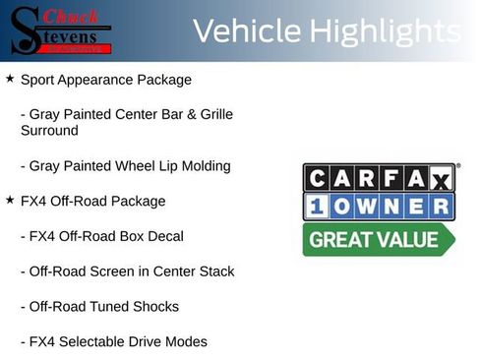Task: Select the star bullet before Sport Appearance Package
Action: [x=10, y=79]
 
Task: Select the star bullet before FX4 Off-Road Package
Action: [x=10, y=201]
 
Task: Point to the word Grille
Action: [x=214, y=115]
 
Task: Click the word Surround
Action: [x=49, y=130]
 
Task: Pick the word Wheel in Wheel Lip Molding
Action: [x=133, y=166]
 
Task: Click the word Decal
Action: [x=163, y=236]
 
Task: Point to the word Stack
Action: [x=215, y=271]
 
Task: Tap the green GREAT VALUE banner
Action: [x=378, y=239]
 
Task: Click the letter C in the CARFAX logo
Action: [x=318, y=178]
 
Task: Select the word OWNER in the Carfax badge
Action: [x=393, y=206]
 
